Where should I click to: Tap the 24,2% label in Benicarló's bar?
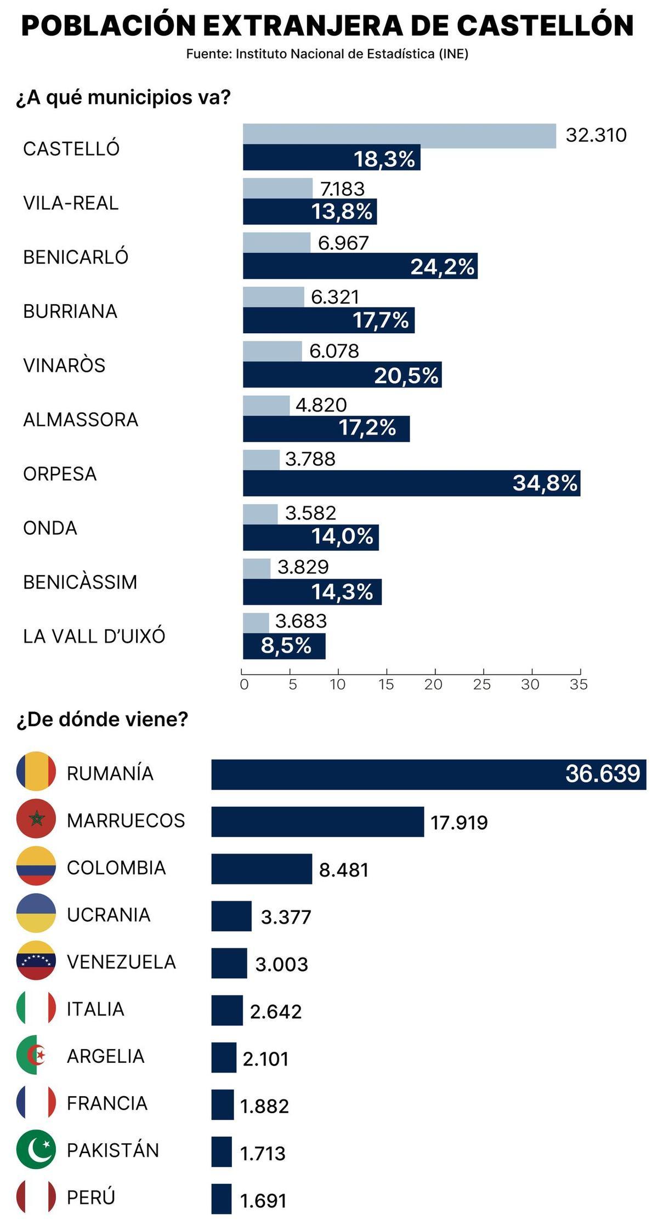442,267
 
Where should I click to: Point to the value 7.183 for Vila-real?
342,189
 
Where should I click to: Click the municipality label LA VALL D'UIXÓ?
94,636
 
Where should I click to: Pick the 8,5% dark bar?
284,646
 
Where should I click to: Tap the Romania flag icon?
36,771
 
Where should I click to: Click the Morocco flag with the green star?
36,818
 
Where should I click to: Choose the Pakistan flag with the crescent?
36,1149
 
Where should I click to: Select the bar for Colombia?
262,869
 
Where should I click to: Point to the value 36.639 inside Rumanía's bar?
602,773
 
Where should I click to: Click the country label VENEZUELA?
121,962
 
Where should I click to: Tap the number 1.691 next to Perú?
263,1201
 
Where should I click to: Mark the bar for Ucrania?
231,916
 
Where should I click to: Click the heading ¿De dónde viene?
102,719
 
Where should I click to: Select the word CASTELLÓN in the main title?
545,26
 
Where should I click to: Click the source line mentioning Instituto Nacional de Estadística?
327,54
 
